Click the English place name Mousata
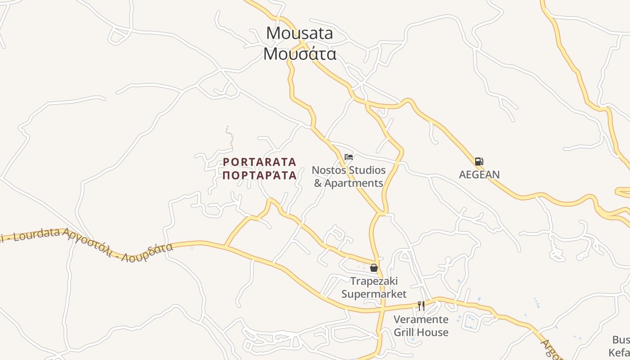click(x=300, y=33)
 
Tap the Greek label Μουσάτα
click(x=300, y=54)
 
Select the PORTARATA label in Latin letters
click(x=260, y=162)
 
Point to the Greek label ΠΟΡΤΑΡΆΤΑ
click(x=260, y=175)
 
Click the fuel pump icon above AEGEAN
click(x=479, y=162)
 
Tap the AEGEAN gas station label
click(x=479, y=175)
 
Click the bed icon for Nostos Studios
click(x=349, y=157)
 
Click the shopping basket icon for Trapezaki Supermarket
click(x=373, y=268)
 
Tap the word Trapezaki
click(x=374, y=281)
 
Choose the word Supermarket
click(x=374, y=294)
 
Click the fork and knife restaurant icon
click(x=421, y=306)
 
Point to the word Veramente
click(x=421, y=319)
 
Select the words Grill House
click(x=421, y=333)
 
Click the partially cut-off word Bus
click(x=621, y=340)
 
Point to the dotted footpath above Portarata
click(x=229, y=136)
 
